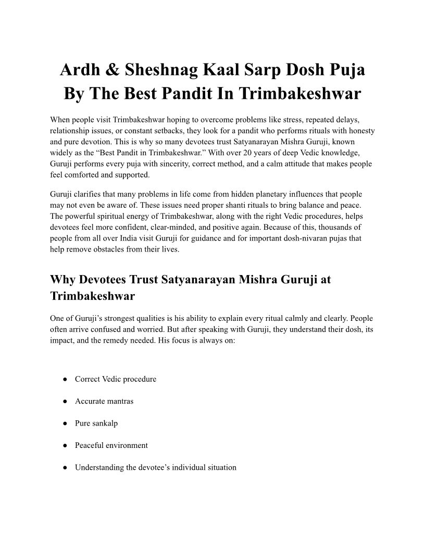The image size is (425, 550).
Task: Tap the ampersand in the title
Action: (115, 70)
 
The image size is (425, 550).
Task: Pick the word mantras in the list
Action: (119, 401)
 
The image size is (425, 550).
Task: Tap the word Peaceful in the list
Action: (89, 445)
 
